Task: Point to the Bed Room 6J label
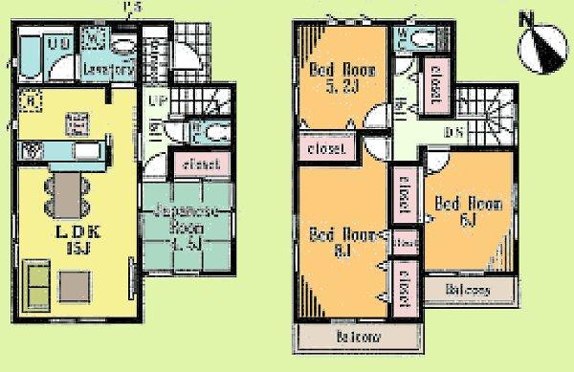tap(457, 209)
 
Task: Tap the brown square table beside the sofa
tap(76, 284)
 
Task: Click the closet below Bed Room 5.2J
tap(327, 148)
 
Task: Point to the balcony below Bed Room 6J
tap(467, 290)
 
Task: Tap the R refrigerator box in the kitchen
tap(32, 98)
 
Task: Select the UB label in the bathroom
tap(56, 44)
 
